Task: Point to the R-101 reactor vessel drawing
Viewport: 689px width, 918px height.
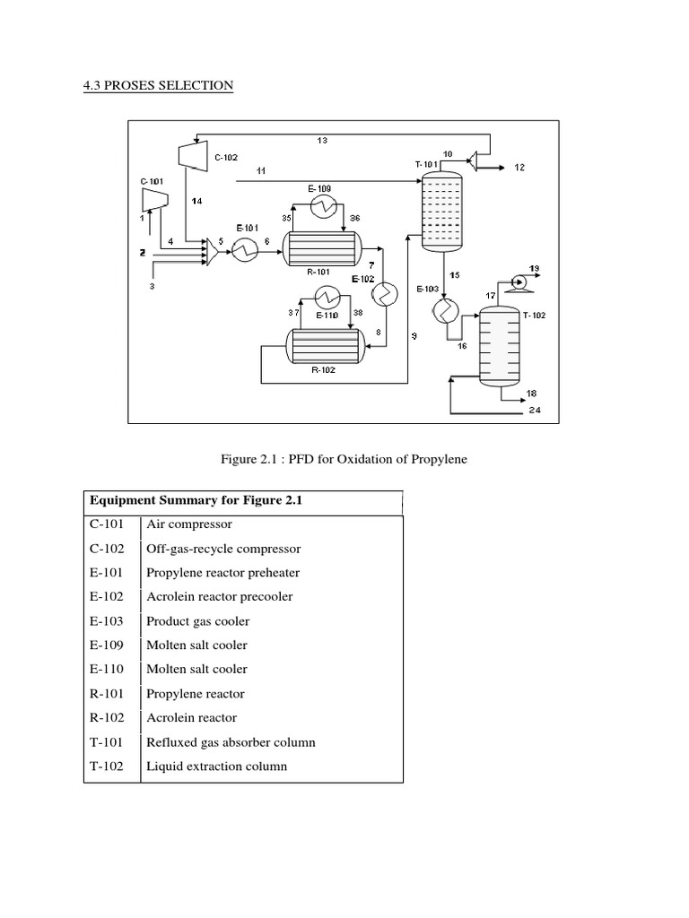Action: click(x=320, y=247)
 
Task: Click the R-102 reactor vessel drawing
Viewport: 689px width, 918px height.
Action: click(x=320, y=344)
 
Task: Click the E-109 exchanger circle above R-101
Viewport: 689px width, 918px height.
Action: click(x=321, y=206)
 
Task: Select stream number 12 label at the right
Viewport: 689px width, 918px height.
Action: click(x=519, y=168)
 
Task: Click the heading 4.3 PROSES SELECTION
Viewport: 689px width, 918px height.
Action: click(x=158, y=86)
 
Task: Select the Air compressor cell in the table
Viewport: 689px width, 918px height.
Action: click(x=188, y=524)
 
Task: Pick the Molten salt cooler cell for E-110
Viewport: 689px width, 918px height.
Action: click(x=196, y=669)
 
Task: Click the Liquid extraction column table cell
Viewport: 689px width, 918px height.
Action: click(x=216, y=766)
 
